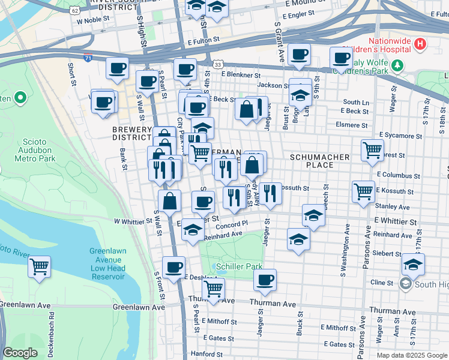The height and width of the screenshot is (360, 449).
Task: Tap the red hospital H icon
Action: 420,44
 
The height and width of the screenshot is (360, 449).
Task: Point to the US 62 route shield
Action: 74,10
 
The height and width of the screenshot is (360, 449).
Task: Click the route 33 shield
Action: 218,64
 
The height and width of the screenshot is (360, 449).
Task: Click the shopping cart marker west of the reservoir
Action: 40,266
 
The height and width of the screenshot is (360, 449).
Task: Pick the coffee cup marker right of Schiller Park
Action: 265,279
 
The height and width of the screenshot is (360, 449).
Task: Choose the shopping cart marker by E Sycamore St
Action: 373,149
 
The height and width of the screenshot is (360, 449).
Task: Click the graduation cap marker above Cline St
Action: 413,263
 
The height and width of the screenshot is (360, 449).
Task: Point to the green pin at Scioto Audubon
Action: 20,97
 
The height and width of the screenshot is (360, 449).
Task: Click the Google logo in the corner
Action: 20,353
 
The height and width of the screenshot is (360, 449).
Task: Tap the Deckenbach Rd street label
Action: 53,327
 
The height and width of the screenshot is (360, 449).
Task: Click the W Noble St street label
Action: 93,20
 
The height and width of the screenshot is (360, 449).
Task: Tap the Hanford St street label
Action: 207,355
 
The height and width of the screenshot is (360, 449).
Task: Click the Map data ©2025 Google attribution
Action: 411,355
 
